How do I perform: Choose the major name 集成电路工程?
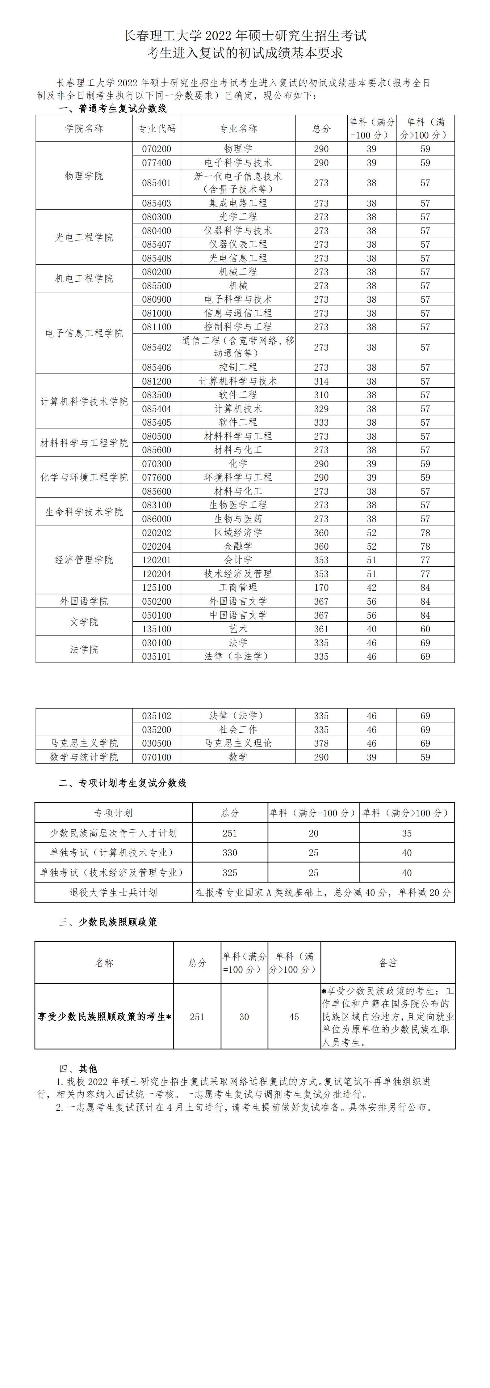click(238, 203)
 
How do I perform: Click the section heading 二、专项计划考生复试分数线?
click(123, 783)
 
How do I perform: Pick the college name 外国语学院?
click(84, 601)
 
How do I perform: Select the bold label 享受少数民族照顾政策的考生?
click(104, 1017)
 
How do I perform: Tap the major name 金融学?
click(238, 546)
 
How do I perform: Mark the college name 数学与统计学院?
click(84, 757)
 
